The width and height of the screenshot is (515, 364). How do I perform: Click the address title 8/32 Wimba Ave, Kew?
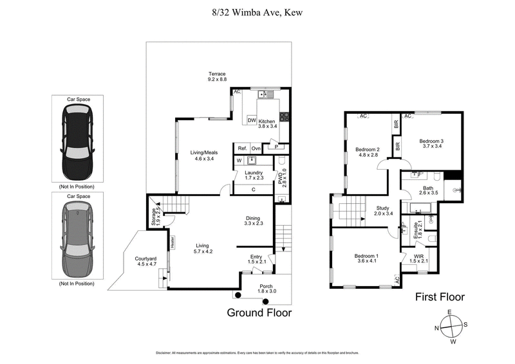pyautogui.click(x=257, y=12)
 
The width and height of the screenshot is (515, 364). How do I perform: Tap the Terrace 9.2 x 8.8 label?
pyautogui.click(x=217, y=76)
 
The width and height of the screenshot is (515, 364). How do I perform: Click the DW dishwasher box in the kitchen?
pyautogui.click(x=252, y=120)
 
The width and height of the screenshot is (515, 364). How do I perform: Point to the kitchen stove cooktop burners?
pyautogui.click(x=283, y=118)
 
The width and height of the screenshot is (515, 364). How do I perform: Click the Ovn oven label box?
pyautogui.click(x=256, y=149)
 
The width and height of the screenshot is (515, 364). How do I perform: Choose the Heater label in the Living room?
pyautogui.click(x=173, y=242)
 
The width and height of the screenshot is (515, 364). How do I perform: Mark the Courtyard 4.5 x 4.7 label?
pyautogui.click(x=145, y=261)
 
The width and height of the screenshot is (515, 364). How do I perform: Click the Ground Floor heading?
pyautogui.click(x=259, y=313)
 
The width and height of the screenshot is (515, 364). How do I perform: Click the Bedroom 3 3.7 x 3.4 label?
pyautogui.click(x=432, y=143)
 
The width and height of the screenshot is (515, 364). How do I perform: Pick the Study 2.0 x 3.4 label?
pyautogui.click(x=384, y=211)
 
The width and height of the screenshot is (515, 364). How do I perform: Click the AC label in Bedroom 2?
pyautogui.click(x=363, y=116)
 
